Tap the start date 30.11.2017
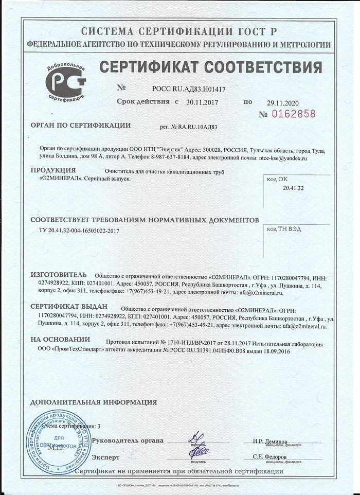pyautogui.click(x=202, y=102)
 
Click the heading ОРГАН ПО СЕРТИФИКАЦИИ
pyautogui.click(x=81, y=125)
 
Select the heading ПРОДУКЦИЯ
pyautogui.click(x=53, y=170)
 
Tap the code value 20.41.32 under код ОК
pyautogui.click(x=293, y=188)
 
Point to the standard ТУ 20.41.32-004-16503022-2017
pyautogui.click(x=79, y=231)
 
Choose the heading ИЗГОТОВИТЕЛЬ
pyautogui.click(x=59, y=275)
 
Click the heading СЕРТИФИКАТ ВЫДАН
pyautogui.click(x=69, y=306)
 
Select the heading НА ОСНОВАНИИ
pyautogui.click(x=60, y=340)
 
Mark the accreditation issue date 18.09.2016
pyautogui.click(x=276, y=350)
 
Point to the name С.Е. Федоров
pyautogui.click(x=270, y=457)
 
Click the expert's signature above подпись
pyautogui.click(x=199, y=453)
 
